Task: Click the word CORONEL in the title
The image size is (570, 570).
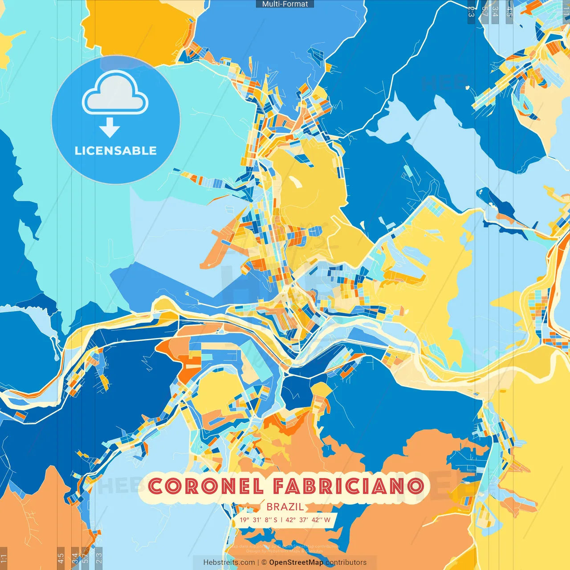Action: [x=206, y=486]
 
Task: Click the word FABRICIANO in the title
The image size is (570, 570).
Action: [x=347, y=486]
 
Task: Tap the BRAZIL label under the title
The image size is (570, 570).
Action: [x=285, y=507]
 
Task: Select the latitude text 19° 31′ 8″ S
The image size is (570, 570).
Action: [x=258, y=520]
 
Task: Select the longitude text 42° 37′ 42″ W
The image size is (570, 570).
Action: [x=309, y=520]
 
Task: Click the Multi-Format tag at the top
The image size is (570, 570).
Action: [x=285, y=4]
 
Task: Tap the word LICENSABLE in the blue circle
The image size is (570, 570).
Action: [x=116, y=151]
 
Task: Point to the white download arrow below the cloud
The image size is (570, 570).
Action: [x=110, y=128]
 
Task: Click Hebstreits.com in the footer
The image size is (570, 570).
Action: [x=229, y=562]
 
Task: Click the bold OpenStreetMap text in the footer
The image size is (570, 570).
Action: [x=296, y=562]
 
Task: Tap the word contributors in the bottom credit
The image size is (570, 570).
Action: [x=346, y=562]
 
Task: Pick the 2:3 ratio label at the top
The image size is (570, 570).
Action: [x=471, y=12]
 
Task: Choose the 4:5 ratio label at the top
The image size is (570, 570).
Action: [x=509, y=12]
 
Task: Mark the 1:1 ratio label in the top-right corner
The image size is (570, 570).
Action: [x=566, y=12]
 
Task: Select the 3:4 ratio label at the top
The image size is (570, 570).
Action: [x=495, y=12]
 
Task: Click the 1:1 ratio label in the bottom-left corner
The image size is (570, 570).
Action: [x=4, y=558]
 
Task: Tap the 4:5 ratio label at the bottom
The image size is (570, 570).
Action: [x=61, y=558]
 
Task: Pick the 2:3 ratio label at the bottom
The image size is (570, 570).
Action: [x=99, y=558]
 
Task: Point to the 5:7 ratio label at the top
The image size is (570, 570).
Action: [x=484, y=12]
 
